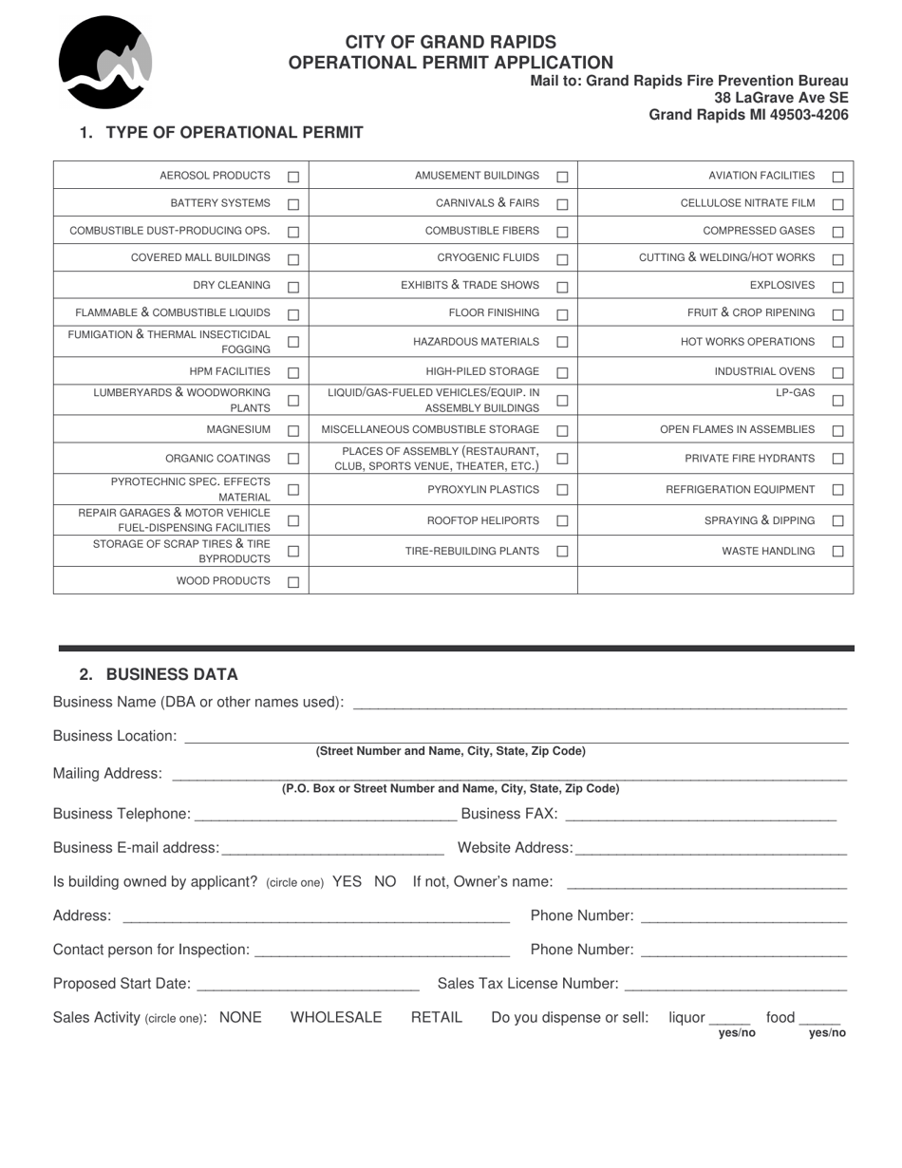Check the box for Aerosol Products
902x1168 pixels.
tap(293, 177)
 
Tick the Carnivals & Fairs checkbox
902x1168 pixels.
tap(562, 204)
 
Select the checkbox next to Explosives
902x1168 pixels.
tap(837, 287)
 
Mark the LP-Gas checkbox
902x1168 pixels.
tap(837, 401)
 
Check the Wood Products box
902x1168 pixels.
tap(293, 582)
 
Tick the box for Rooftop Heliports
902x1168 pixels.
tap(562, 520)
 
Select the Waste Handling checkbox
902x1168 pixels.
tap(837, 552)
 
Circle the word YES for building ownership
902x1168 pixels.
tap(347, 881)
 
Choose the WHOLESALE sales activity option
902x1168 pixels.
tap(336, 1017)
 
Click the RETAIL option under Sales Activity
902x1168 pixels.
tap(437, 1017)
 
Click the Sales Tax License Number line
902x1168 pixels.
tap(735, 985)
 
